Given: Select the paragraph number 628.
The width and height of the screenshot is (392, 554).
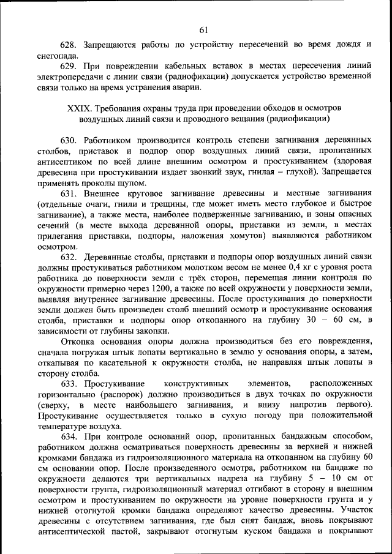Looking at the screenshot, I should pos(68,45).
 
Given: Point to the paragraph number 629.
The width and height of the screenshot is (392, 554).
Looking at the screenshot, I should pos(68,66).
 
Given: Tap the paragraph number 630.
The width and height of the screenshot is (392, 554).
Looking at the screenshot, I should pos(68,139).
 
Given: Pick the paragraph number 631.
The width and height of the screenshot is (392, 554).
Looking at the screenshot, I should pos(68,193).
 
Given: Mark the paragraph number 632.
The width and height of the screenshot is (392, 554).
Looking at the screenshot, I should pos(68,257).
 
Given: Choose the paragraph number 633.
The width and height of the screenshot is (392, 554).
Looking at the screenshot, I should pos(68,384).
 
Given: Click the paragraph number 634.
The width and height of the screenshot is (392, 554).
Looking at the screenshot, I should pos(68,437).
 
